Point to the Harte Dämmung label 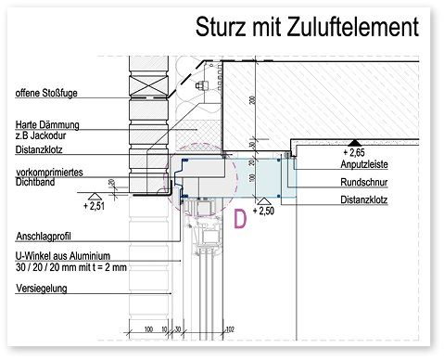pos(48,124)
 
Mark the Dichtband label pos(36,184)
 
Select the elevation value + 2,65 pos(357,150)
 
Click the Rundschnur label pos(361,183)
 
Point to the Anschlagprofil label pos(44,236)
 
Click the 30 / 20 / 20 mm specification pos(64,267)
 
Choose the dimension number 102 pos(230,328)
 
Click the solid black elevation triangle pos(352,141)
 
